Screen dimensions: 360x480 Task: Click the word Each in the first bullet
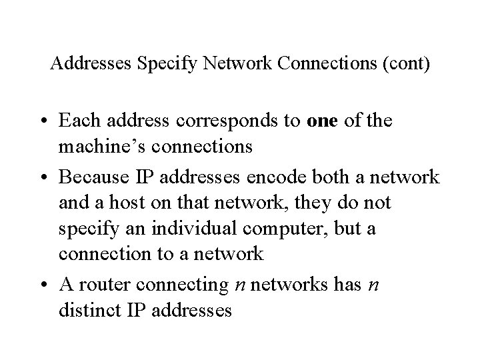pyautogui.click(x=77, y=122)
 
